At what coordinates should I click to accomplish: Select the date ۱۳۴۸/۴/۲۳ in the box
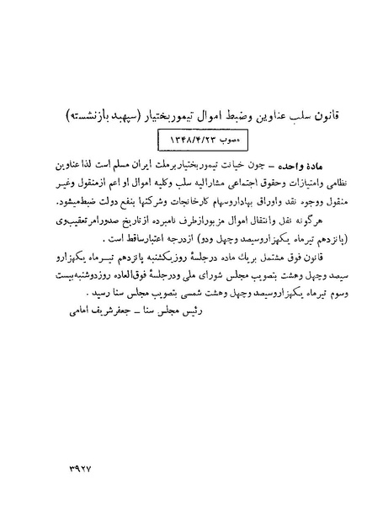[x=179, y=134]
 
